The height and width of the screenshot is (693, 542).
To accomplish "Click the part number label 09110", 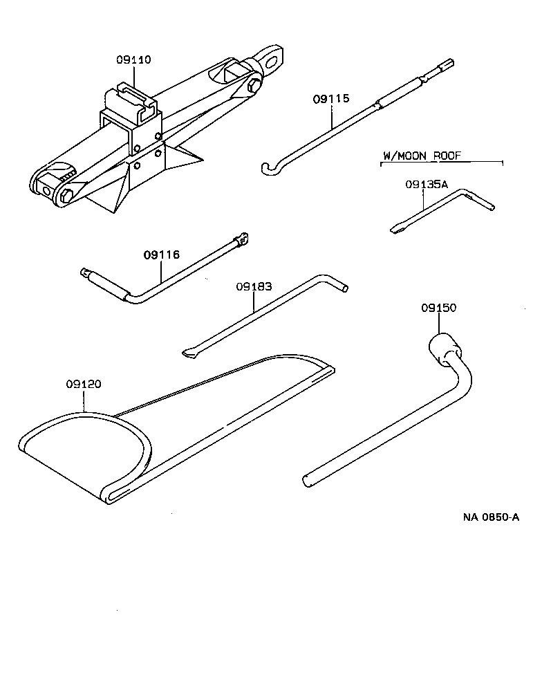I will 133,60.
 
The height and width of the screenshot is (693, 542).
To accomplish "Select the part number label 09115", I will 331,100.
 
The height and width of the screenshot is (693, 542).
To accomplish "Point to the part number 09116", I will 162,255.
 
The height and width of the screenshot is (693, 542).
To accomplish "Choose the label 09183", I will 253,286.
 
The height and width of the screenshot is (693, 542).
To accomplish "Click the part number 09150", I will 438,308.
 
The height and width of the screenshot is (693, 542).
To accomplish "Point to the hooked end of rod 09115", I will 268,167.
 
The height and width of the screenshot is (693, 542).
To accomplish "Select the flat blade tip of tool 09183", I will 188,353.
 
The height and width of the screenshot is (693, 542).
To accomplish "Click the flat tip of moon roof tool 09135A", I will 396,230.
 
